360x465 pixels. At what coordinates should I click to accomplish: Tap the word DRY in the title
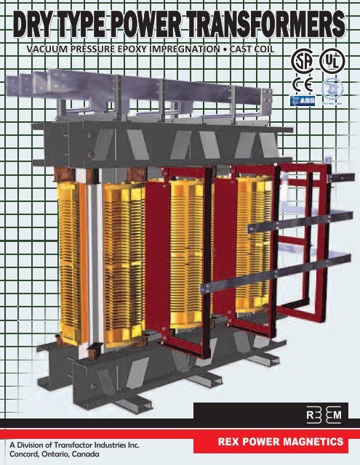[39, 25]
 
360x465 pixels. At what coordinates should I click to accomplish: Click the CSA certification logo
[300, 60]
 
